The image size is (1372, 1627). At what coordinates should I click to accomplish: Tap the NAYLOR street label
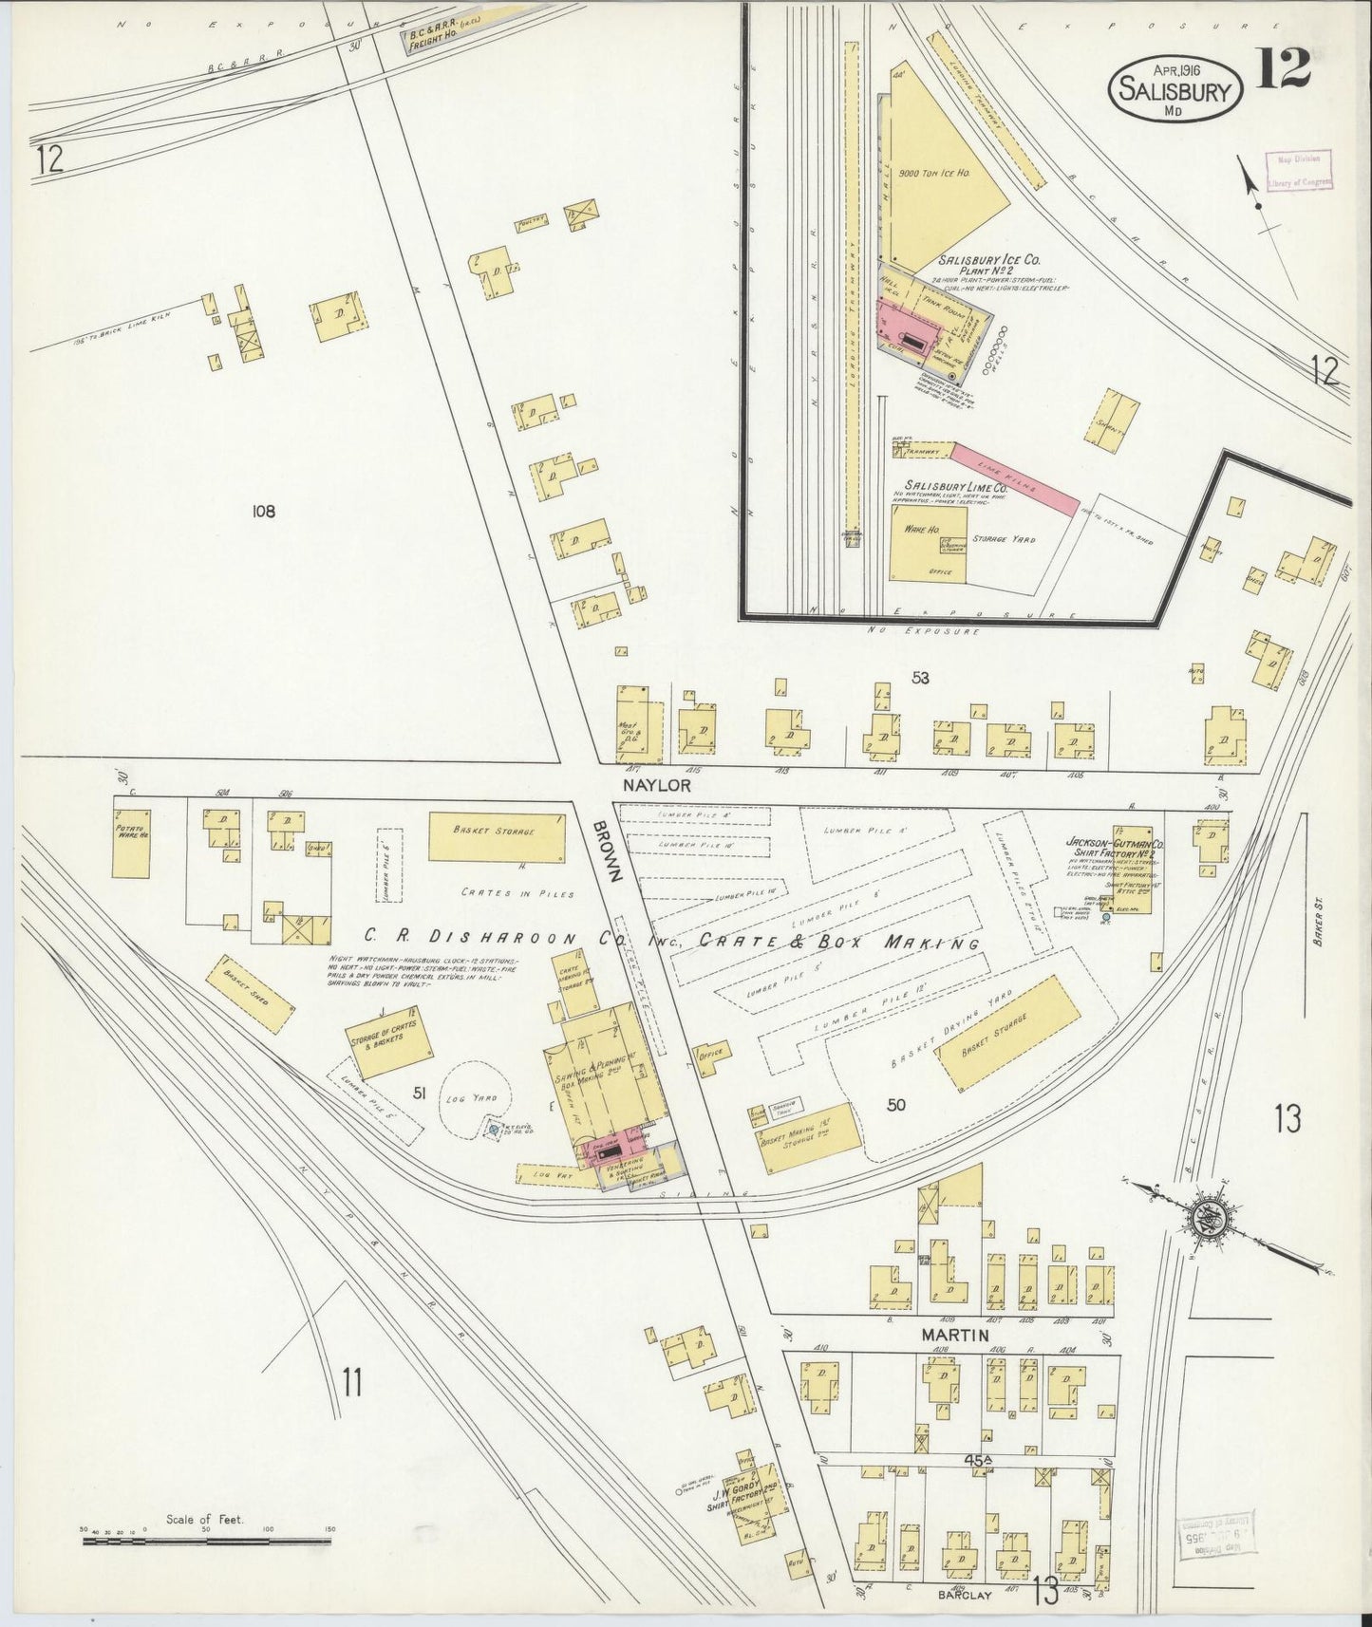click(658, 786)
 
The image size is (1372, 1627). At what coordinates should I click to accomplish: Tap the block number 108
click(263, 512)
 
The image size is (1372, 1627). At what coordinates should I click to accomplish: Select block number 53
click(919, 678)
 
